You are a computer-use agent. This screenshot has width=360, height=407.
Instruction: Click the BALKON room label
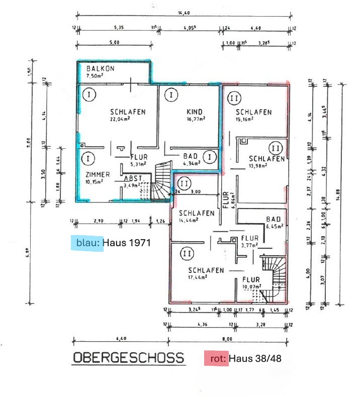pyautogui.click(x=100, y=68)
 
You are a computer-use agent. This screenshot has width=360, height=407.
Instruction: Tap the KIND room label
pyautogui.click(x=194, y=112)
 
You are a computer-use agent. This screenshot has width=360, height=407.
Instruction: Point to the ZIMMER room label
pyautogui.click(x=98, y=174)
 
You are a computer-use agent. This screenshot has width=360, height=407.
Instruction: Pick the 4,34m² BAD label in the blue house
pyautogui.click(x=191, y=163)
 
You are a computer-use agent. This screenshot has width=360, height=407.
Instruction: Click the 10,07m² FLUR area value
pyautogui.click(x=252, y=287)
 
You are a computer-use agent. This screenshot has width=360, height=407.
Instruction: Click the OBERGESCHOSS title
pyautogui.click(x=128, y=358)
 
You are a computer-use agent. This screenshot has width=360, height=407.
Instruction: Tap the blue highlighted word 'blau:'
pyautogui.click(x=87, y=243)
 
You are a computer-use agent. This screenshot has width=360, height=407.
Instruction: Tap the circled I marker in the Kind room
pyautogui.click(x=171, y=94)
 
